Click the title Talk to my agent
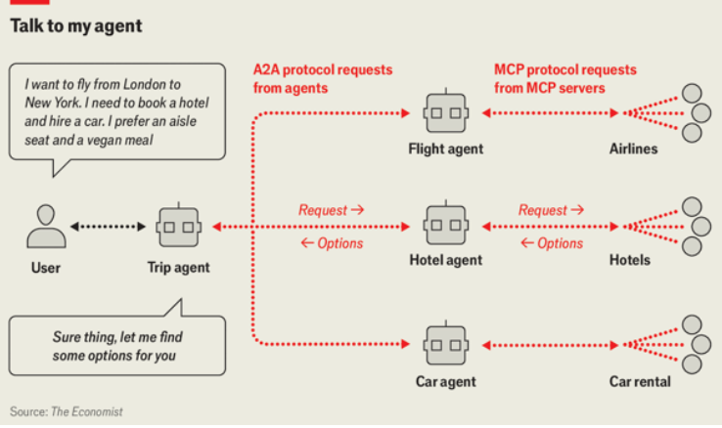click(x=76, y=27)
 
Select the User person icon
click(x=46, y=226)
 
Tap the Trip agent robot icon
click(x=178, y=228)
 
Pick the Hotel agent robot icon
click(x=445, y=226)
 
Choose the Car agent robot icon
click(x=445, y=345)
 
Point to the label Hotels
click(x=630, y=261)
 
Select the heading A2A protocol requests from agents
click(x=322, y=78)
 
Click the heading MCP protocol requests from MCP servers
click(x=564, y=78)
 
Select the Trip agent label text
click(x=178, y=267)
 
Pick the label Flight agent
click(x=445, y=150)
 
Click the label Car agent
click(x=445, y=381)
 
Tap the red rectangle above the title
click(x=28, y=3)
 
